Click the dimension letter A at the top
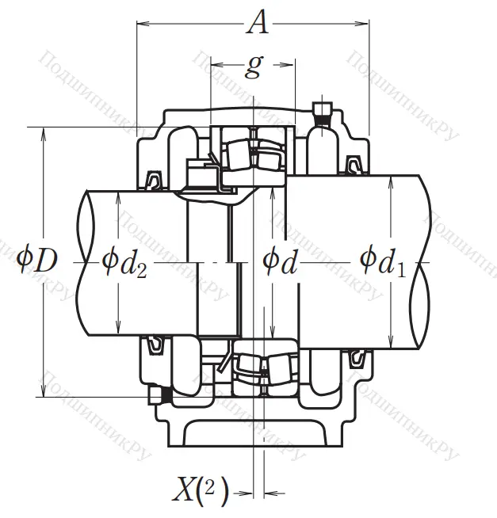(x=257, y=24)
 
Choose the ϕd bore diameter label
(x=279, y=259)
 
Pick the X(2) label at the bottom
(x=201, y=493)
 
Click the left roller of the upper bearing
(x=238, y=151)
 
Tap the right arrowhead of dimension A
(x=365, y=25)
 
